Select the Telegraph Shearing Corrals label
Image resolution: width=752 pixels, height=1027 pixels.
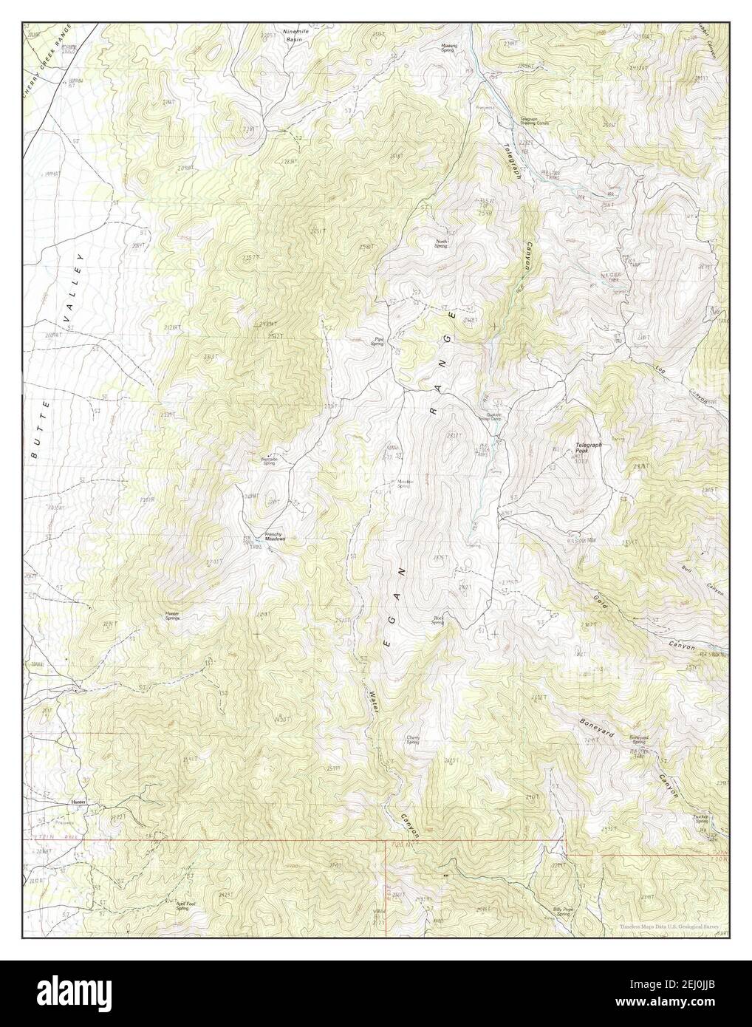click(536, 121)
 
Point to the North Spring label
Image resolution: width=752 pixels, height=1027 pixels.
click(442, 243)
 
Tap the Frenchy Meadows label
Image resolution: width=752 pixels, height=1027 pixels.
click(275, 539)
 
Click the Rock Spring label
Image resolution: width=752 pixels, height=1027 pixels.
click(437, 621)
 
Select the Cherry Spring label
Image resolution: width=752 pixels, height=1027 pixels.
click(414, 740)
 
